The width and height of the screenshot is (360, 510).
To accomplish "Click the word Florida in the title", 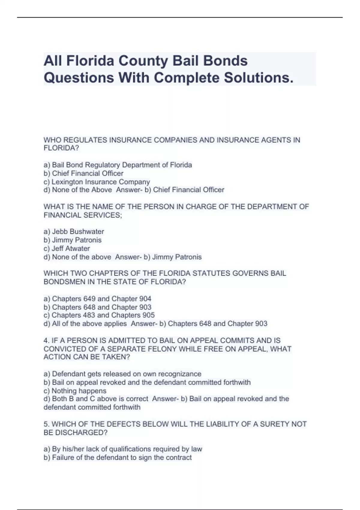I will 90,61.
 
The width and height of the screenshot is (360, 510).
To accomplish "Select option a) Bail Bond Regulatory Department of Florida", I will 118,165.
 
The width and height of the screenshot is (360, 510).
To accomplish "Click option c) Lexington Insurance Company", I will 97,182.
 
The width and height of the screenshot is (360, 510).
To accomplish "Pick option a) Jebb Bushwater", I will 74,232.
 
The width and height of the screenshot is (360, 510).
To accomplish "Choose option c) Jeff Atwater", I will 67,248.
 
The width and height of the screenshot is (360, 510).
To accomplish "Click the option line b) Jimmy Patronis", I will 73,240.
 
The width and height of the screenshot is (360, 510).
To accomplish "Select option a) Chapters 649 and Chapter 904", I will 97,299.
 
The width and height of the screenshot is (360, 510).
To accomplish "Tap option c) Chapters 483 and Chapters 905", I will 99,315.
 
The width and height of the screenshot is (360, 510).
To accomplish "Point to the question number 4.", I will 46,340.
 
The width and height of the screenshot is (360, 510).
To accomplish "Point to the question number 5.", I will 46,424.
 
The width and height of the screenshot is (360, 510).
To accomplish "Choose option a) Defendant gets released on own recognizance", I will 122,374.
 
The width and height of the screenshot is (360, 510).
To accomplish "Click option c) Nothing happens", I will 75,391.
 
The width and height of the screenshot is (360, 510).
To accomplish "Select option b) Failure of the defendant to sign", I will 118,457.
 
